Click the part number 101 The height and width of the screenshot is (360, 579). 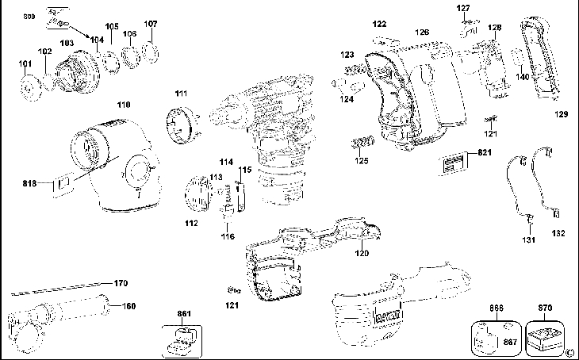point(25,63)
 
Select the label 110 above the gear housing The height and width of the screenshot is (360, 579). point(124,105)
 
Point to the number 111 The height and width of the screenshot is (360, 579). point(182,94)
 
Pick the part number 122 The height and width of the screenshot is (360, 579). point(380,25)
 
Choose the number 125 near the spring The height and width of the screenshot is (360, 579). point(362,161)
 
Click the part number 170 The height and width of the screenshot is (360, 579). point(121,283)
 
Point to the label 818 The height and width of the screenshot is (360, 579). point(31,182)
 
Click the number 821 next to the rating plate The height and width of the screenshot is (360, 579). point(486,152)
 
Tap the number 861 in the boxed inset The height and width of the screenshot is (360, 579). point(185,315)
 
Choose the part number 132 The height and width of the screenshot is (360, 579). point(558,235)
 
